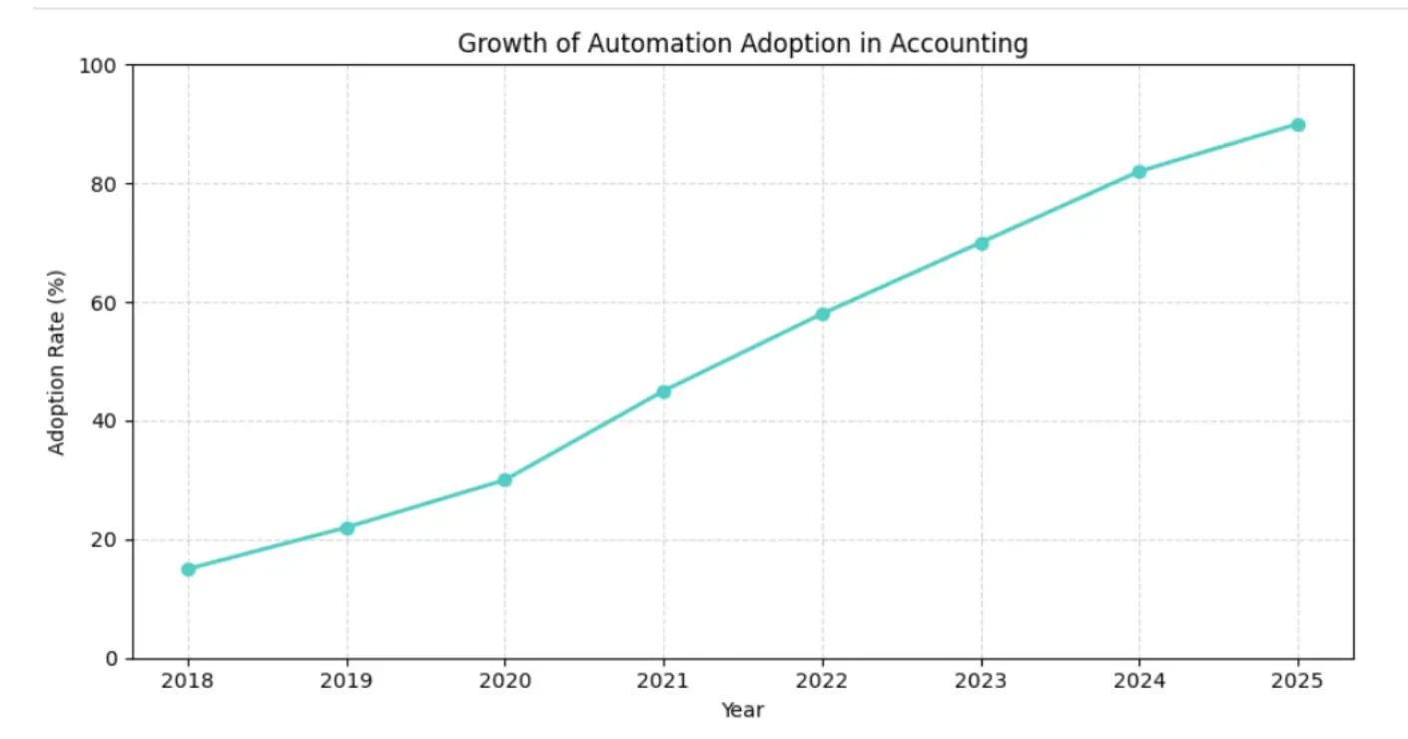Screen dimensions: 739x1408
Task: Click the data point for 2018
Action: [188, 569]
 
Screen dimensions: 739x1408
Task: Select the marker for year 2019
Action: [347, 527]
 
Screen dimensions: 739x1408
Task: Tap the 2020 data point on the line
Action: [504, 480]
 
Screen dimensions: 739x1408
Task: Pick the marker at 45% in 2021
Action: [663, 391]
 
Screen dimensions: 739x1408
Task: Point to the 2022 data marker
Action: [822, 314]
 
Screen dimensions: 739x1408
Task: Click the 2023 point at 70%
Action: [981, 243]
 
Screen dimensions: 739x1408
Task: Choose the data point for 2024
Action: [1139, 172]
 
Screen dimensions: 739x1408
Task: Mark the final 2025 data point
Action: [1297, 125]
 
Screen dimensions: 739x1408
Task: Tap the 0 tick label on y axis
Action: [112, 659]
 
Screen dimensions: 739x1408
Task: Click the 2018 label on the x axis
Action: [188, 682]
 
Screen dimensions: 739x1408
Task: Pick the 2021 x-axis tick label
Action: [663, 682]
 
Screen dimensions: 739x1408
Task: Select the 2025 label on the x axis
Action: [1297, 682]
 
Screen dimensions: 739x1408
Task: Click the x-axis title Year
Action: [742, 711]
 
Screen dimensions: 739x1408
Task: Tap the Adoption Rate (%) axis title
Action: [58, 362]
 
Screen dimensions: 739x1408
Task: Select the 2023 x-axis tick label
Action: [981, 682]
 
